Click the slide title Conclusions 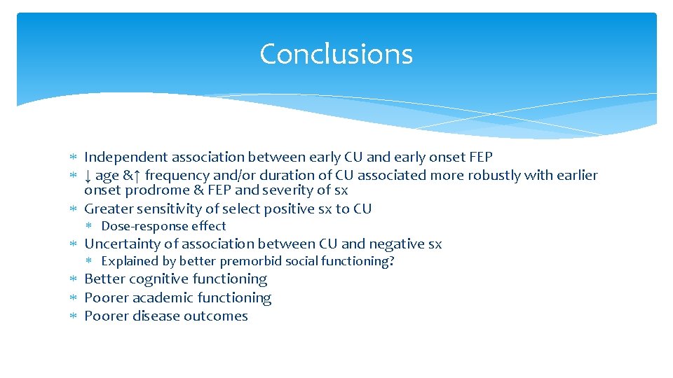click(336, 54)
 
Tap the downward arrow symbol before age click(88, 175)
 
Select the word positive click(278, 209)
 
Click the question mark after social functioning click(392, 261)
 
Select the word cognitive click(158, 279)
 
